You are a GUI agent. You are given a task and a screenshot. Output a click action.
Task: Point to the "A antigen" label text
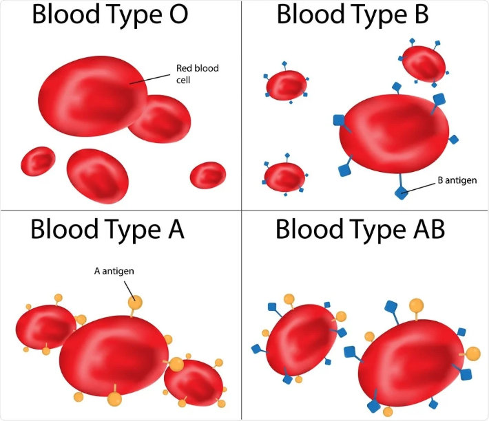pyautogui.click(x=114, y=270)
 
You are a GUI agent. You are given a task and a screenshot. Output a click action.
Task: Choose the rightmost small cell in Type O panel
pyautogui.click(x=208, y=175)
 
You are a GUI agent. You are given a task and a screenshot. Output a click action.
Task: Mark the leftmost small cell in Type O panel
pyautogui.click(x=38, y=162)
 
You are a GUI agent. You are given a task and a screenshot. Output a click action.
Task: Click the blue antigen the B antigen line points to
pyautogui.click(x=402, y=192)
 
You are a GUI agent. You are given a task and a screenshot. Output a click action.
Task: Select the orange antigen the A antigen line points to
pyautogui.click(x=135, y=301)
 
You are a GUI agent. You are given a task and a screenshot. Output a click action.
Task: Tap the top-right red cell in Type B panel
pyautogui.click(x=424, y=63)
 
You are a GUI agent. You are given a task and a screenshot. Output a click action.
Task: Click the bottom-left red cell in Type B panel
pyautogui.click(x=284, y=177)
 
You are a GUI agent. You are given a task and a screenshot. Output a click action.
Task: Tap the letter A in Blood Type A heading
pyautogui.click(x=172, y=228)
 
